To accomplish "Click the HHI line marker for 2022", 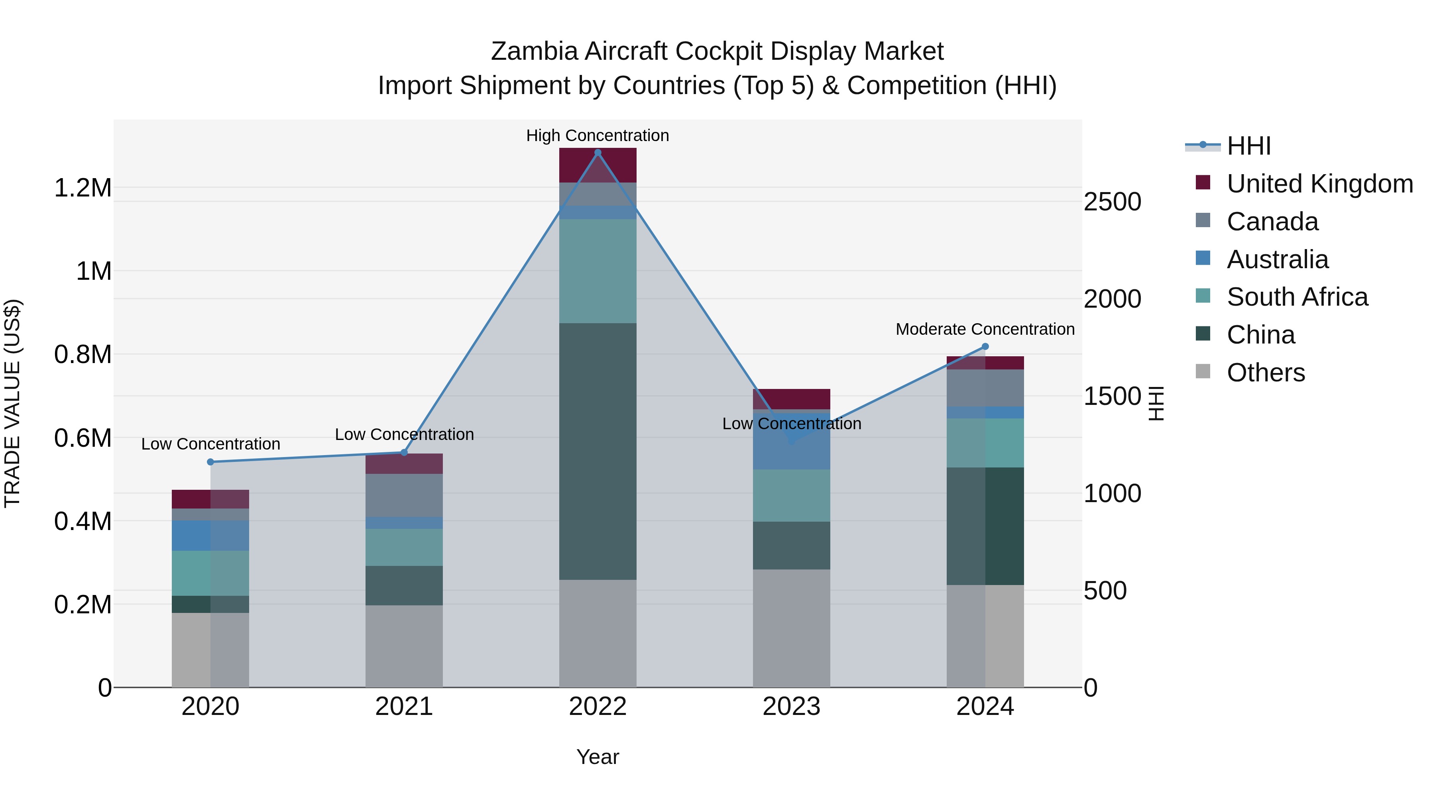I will (598, 153).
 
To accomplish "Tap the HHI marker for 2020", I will (210, 462).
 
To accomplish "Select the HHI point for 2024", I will (985, 346).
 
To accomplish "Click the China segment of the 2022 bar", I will (598, 451).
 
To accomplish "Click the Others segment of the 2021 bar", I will (404, 646).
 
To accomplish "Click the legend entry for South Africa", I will (1297, 297).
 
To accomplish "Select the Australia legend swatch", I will (1203, 258).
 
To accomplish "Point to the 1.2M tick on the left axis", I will (83, 188).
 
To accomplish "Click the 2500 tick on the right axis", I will (1112, 202).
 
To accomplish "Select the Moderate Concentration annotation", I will (985, 329).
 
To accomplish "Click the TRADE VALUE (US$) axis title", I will (12, 403).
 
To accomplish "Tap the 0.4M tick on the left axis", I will (83, 521).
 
